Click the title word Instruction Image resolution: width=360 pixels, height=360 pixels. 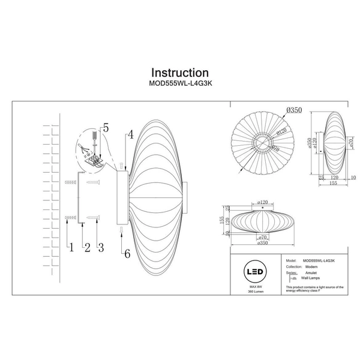[180, 73]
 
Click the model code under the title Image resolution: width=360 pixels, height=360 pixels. [180, 85]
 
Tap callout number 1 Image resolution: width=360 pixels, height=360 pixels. [70, 246]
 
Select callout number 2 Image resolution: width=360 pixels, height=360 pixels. [86, 246]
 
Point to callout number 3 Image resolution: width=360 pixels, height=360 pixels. [101, 246]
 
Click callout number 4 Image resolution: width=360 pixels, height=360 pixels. [130, 136]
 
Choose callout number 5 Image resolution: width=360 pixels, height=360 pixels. [106, 127]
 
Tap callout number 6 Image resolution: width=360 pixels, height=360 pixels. [127, 254]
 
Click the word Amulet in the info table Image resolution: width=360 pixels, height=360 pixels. [311, 272]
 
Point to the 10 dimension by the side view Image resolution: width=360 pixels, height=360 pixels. [353, 178]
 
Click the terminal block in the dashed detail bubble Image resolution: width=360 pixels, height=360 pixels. [92, 160]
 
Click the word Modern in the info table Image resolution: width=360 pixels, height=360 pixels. [311, 267]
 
